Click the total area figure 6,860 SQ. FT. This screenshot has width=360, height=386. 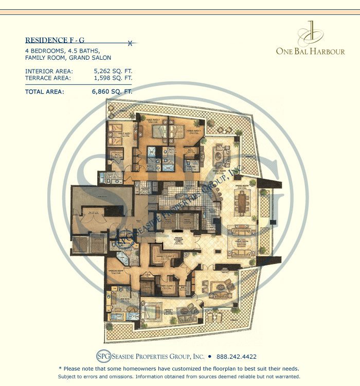(112, 92)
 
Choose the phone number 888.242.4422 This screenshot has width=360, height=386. (236, 356)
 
